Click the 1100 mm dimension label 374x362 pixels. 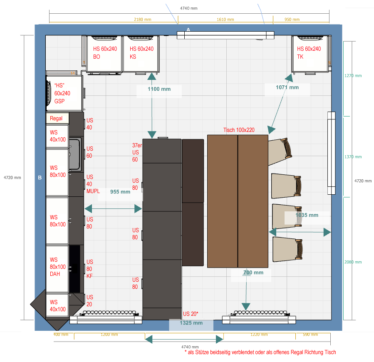point(159,89)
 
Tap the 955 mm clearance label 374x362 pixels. point(120,192)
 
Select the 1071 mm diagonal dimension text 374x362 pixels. point(287,87)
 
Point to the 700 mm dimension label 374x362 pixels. point(253,273)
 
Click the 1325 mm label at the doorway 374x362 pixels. point(191,323)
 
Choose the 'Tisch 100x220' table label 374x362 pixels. point(239,130)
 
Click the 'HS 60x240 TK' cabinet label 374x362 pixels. point(309,53)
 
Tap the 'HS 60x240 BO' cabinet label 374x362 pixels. point(105,53)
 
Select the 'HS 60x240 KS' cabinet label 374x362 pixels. point(141,53)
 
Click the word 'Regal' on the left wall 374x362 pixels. point(56,118)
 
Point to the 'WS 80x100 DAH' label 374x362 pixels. point(57,267)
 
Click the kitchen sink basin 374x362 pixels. point(74,154)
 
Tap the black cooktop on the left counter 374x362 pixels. point(74,269)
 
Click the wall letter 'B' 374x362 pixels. point(40,178)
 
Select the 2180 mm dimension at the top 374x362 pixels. point(142,19)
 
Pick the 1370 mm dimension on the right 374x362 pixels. point(353,157)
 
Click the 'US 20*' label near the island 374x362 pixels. point(191,314)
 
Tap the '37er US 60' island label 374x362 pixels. point(137,152)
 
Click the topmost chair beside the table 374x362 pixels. point(280,151)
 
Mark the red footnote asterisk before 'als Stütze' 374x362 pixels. point(186,351)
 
